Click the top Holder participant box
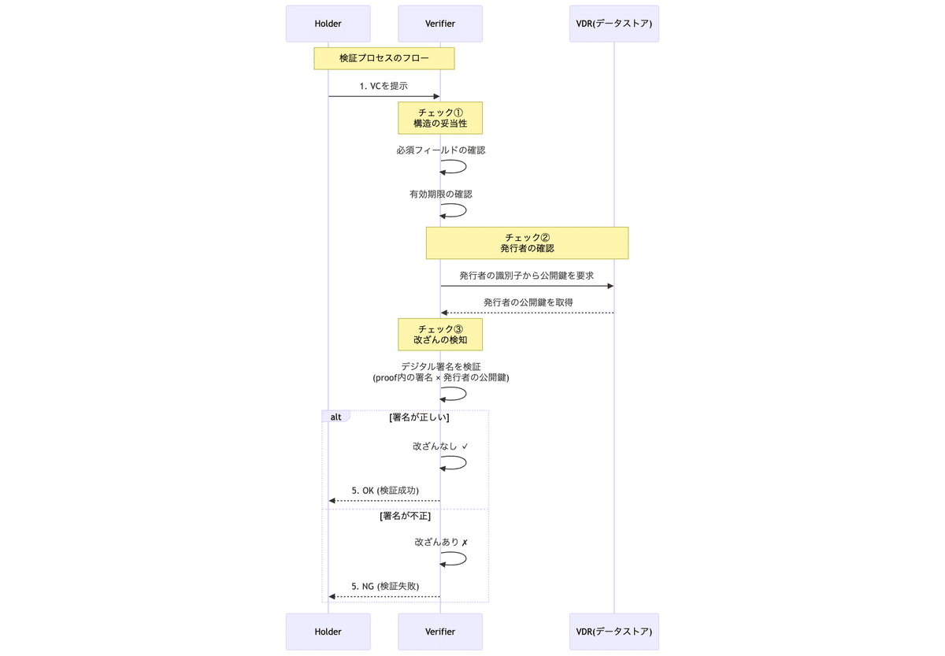click(328, 24)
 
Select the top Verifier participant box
click(440, 24)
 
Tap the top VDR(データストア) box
click(613, 24)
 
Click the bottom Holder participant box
click(328, 632)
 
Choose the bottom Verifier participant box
click(440, 632)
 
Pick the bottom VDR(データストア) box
click(613, 632)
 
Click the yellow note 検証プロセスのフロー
click(384, 58)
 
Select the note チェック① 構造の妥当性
click(440, 117)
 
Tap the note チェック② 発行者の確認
click(527, 243)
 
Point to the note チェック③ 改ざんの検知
click(440, 334)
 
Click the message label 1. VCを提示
click(384, 86)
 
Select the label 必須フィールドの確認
click(441, 150)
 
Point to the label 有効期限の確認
click(441, 194)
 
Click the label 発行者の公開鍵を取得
click(528, 302)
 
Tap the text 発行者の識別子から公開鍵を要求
click(526, 276)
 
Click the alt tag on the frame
click(335, 417)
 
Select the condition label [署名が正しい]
click(419, 417)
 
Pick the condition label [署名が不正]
click(405, 517)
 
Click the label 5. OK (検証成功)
click(385, 490)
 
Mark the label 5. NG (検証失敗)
click(385, 586)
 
